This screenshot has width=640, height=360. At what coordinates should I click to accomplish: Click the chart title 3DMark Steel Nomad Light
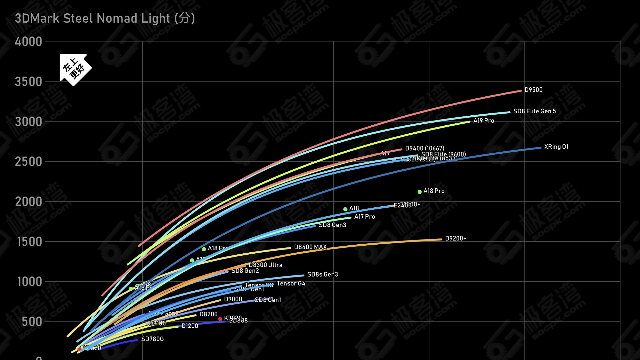tap(105, 19)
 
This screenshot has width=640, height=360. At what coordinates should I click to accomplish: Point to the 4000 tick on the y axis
tap(28, 42)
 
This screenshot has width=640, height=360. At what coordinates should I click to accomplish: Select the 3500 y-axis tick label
tap(28, 82)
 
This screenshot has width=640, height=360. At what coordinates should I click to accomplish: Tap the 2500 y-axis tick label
tap(28, 162)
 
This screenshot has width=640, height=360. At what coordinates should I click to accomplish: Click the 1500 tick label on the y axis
tap(29, 242)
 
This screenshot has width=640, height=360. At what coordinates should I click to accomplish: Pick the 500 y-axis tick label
tap(32, 322)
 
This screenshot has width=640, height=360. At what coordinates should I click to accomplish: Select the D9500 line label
tap(533, 90)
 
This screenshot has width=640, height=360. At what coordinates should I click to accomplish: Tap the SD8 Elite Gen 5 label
tap(534, 111)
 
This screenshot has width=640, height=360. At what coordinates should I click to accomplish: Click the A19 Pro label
tap(484, 121)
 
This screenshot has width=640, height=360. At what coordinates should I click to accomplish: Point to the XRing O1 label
tap(556, 147)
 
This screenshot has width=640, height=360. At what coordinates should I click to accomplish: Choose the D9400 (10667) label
tap(425, 148)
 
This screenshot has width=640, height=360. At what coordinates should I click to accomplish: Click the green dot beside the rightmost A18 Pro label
tap(420, 192)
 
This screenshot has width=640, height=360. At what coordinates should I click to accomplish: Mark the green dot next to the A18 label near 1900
tap(345, 209)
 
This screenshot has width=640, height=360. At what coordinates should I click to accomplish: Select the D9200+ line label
tap(456, 238)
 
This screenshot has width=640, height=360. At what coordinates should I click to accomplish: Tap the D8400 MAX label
tap(310, 247)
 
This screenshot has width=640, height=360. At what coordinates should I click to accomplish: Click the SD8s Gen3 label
tap(323, 274)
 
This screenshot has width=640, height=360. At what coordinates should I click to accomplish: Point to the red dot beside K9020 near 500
tap(220, 319)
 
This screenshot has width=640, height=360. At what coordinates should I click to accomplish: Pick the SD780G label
tap(152, 339)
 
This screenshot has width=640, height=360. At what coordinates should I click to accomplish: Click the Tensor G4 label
tap(291, 283)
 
